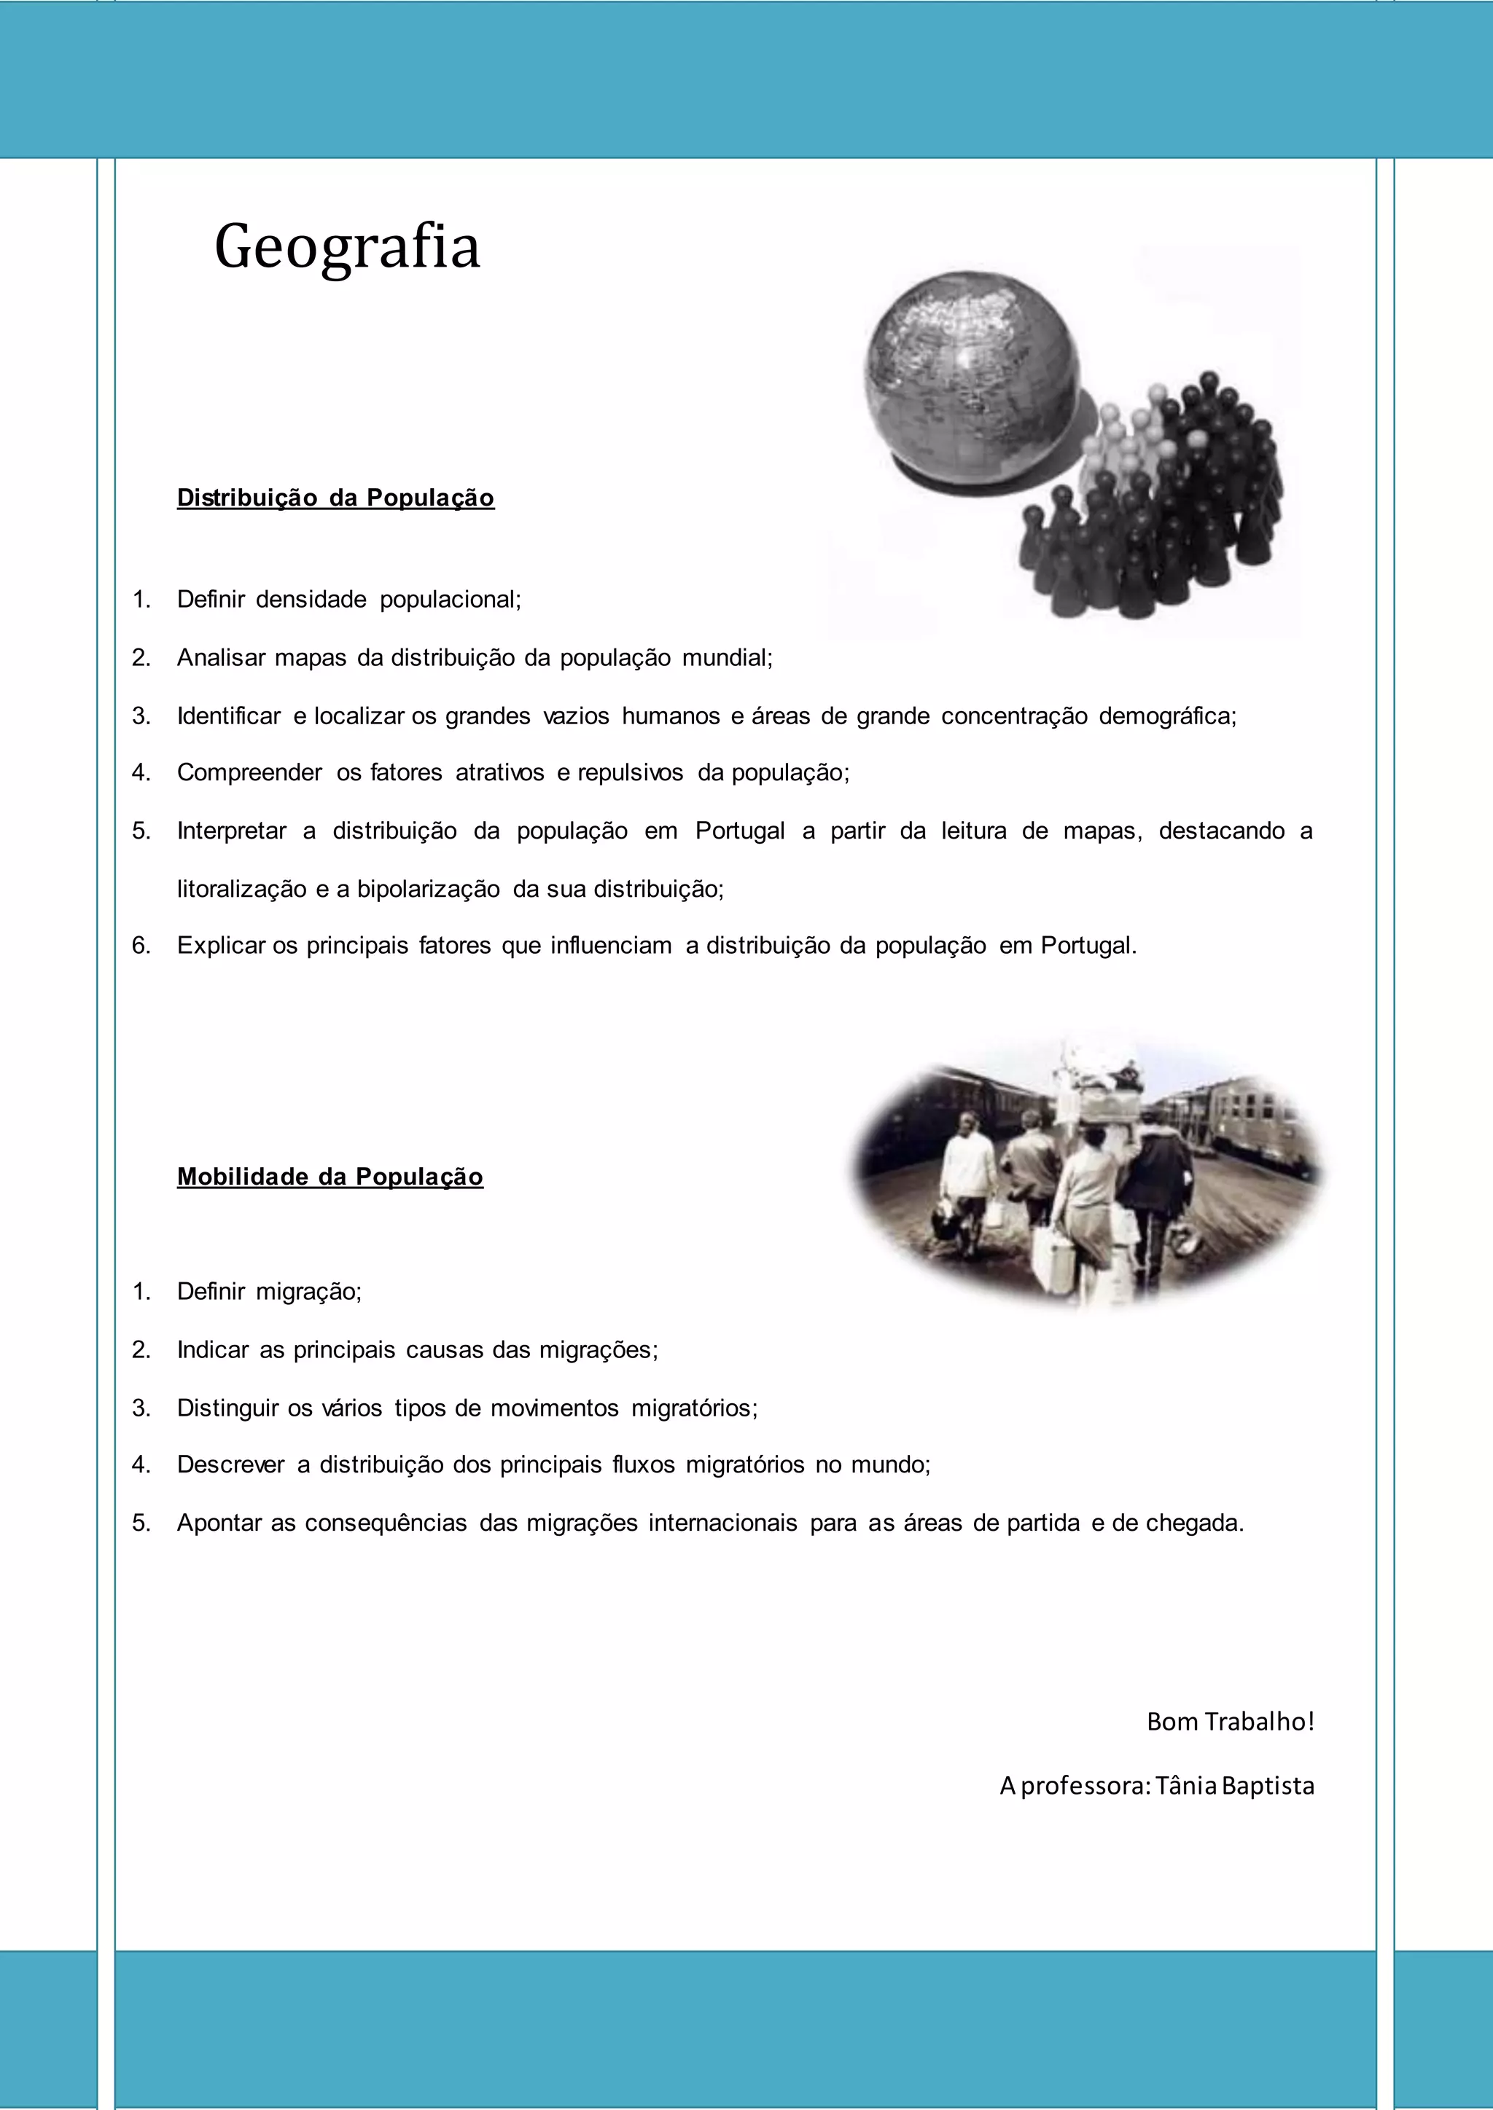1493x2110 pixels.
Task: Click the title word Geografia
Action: click(346, 247)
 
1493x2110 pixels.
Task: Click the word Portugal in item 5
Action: click(739, 831)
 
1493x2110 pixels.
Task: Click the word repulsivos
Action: click(630, 772)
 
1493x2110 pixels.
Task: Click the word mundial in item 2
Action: click(726, 657)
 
